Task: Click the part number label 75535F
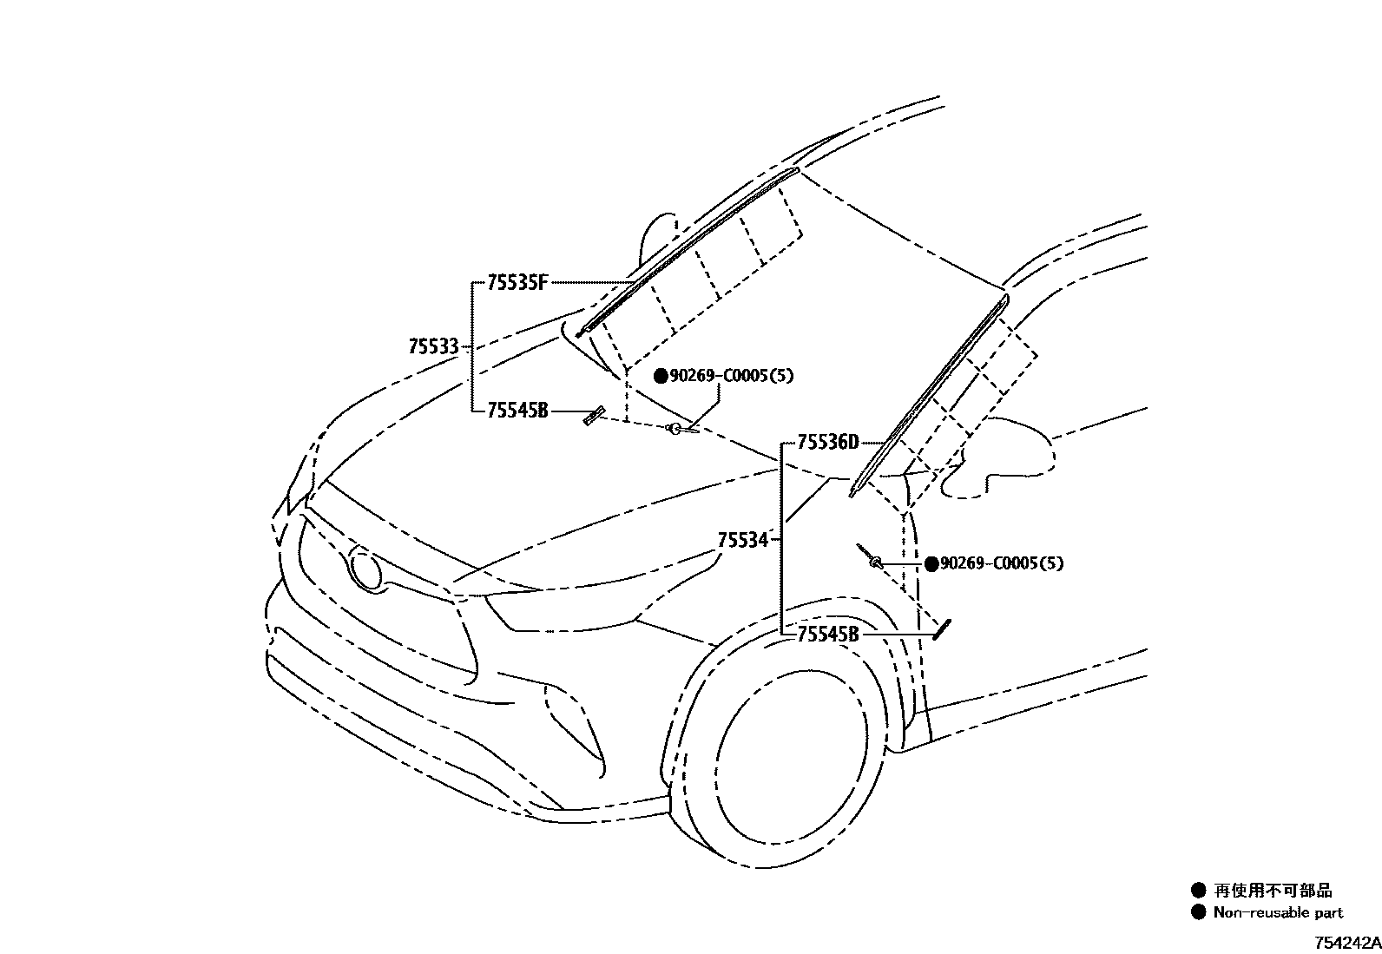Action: coord(517,282)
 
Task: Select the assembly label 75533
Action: coord(433,346)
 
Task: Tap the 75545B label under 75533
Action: coord(517,411)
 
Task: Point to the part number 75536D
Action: coord(827,443)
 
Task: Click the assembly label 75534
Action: coord(743,541)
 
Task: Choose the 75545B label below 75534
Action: coord(827,635)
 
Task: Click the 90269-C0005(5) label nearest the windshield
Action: coord(731,376)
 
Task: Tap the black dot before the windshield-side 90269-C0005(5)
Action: coord(661,376)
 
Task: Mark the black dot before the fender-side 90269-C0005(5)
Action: coord(931,564)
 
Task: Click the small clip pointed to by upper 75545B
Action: coord(594,416)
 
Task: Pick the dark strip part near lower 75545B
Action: coord(942,628)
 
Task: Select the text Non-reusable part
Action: coord(1278,912)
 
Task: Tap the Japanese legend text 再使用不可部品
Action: coord(1273,890)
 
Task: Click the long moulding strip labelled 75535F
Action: coord(686,248)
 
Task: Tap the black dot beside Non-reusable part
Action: coord(1199,912)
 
